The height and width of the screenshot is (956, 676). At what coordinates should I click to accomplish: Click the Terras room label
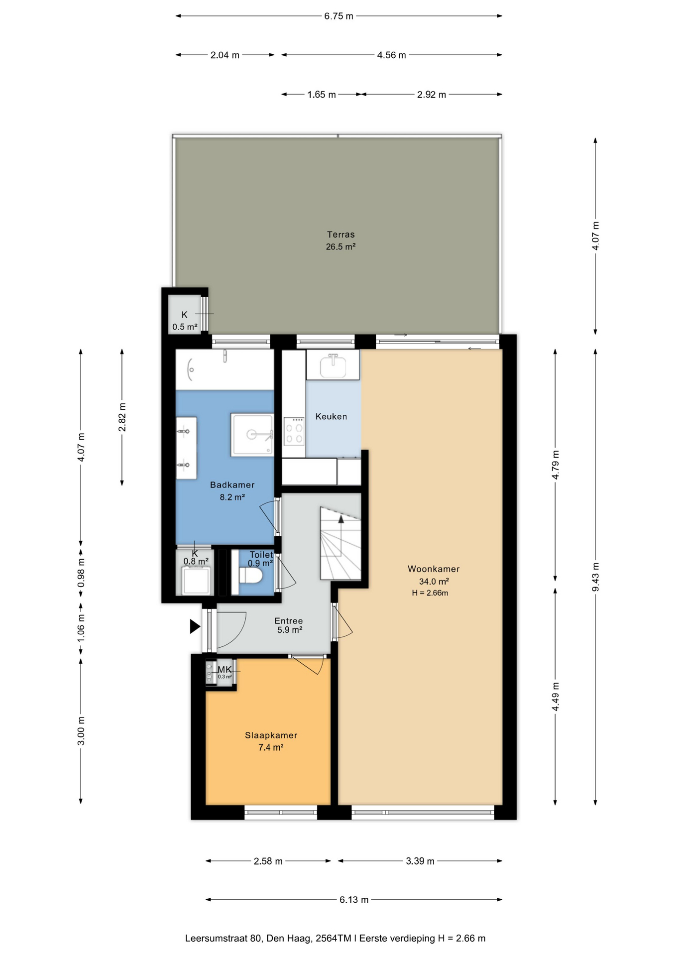pos(341,235)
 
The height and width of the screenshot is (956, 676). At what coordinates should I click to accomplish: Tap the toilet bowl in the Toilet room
pos(251,576)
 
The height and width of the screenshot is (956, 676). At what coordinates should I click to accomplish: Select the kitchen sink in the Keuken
pos(333,365)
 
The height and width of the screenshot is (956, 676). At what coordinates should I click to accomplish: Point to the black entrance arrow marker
pos(195,626)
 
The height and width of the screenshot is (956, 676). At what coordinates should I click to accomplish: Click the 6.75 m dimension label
pos(338,16)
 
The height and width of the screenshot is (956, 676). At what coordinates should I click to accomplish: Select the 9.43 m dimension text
pos(595,577)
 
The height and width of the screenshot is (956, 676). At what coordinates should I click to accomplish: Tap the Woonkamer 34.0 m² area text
pos(434,582)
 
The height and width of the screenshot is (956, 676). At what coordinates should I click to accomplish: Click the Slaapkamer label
pos(271,735)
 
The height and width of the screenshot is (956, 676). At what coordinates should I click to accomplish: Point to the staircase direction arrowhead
pos(341,519)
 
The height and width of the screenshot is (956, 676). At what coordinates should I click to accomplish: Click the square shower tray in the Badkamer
pos(252,435)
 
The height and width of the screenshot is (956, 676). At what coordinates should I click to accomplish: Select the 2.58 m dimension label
pos(268,861)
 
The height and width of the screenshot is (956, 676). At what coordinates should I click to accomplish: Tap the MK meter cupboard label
pos(225,670)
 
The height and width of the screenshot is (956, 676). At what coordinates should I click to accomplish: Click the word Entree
pos(289,621)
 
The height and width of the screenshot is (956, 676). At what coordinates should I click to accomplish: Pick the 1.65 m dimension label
pos(322,95)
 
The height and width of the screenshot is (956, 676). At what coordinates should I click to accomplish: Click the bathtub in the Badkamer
pos(225,369)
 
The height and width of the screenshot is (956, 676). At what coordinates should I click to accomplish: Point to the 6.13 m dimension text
pos(354,900)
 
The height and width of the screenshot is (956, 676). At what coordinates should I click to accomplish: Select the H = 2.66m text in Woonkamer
pos(430,593)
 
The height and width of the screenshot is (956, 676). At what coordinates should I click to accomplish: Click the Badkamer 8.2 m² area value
pos(232,497)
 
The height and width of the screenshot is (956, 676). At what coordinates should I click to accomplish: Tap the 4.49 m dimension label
pos(556,697)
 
